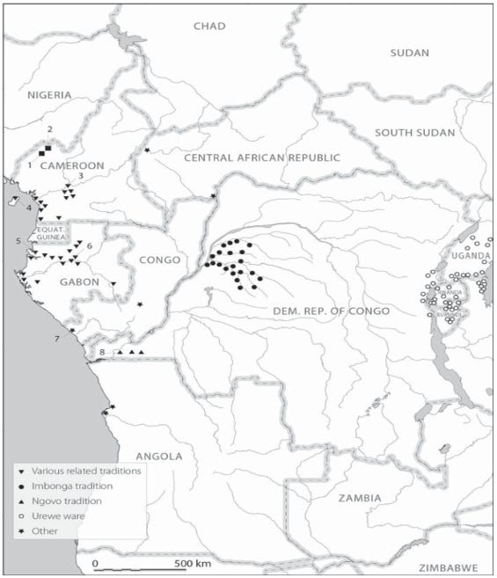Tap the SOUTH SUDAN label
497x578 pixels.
[x=415, y=133]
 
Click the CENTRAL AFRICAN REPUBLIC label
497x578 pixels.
[x=261, y=157]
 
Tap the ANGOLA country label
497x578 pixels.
[x=158, y=456]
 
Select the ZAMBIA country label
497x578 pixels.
[x=358, y=498]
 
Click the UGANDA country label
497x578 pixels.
[x=469, y=256]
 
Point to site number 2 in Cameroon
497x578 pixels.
[x=50, y=129]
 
